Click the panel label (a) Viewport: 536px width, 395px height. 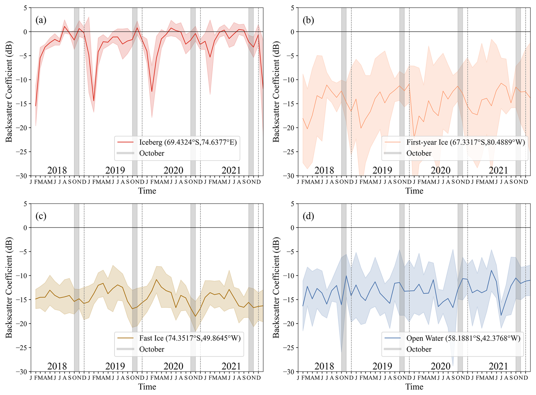coord(41,20)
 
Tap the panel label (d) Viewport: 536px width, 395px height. coord(308,216)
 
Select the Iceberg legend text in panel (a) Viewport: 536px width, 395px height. coord(188,142)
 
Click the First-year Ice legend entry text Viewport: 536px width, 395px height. coord(465,142)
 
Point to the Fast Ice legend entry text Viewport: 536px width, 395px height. coord(190,338)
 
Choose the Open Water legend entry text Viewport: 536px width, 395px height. coord(463,338)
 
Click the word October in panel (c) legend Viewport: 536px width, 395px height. coord(152,349)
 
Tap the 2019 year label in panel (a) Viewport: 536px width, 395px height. coord(115,170)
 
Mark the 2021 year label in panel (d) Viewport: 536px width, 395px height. coord(498,366)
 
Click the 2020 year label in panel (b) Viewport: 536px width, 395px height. coord(440,170)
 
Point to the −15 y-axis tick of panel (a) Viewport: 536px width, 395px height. coord(22,104)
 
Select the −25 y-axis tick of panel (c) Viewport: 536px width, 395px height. coord(22,348)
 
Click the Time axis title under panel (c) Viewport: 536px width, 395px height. coord(147,387)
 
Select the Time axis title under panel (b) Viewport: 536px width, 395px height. coord(414,191)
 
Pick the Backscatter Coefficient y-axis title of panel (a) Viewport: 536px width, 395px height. coord(9,92)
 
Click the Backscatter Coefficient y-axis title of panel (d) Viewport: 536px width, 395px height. coord(276,288)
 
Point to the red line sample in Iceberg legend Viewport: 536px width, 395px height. coord(126,142)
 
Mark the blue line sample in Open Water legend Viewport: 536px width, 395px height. coord(393,338)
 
